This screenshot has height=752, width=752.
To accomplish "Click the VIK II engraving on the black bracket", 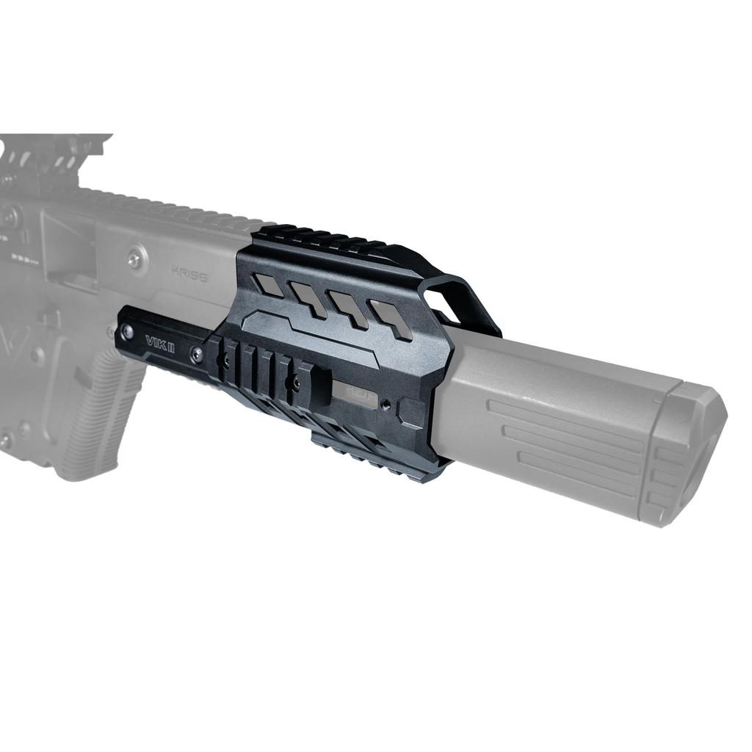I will point(159,343).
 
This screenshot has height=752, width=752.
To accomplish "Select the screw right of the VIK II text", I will point(196,355).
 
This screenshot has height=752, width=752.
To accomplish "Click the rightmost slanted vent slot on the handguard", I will point(392,319).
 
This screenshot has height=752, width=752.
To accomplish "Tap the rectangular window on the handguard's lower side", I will point(360,394).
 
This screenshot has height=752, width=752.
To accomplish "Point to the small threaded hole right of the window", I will point(386,401).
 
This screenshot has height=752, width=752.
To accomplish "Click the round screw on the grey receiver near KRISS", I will point(134,258).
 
